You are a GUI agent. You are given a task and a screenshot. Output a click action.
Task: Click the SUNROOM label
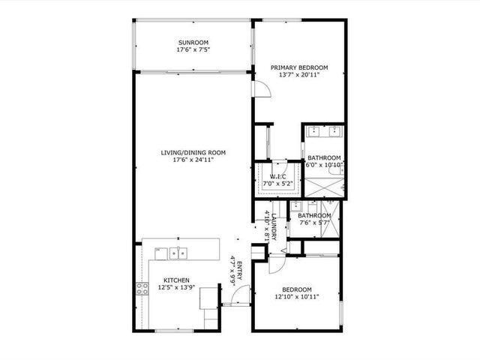tap(193, 42)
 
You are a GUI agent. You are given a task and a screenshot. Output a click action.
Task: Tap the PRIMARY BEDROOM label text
tap(299, 67)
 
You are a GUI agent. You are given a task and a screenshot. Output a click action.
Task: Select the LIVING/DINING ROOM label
tap(193, 152)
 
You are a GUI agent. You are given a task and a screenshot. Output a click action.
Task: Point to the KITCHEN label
tap(177, 280)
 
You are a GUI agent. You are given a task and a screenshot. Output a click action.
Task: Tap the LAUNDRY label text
tap(275, 226)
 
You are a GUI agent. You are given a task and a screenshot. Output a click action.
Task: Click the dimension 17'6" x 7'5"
tap(193, 50)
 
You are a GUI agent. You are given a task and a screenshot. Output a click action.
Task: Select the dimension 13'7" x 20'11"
tap(299, 75)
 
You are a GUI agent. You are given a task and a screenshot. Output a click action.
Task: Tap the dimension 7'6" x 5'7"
tap(313, 223)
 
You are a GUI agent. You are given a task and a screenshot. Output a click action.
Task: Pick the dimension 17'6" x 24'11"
tap(193, 160)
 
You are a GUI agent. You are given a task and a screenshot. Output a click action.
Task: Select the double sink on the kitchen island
tap(178, 253)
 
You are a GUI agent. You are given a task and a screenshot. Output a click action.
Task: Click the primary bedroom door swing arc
tap(259, 89)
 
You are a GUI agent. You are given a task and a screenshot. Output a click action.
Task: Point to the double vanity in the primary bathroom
tap(324, 134)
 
